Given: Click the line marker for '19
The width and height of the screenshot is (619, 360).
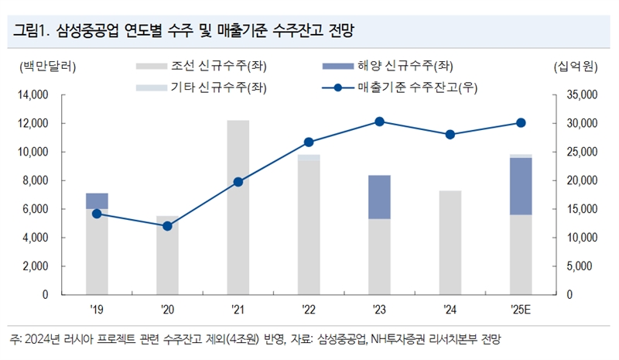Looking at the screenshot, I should [x=97, y=214].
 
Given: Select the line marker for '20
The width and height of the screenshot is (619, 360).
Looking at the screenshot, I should [x=167, y=226].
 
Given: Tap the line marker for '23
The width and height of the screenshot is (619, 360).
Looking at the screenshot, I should [x=379, y=122].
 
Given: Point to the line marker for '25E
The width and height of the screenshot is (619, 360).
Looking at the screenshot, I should [x=521, y=122].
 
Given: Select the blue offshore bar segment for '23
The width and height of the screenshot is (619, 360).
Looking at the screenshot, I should [x=379, y=197].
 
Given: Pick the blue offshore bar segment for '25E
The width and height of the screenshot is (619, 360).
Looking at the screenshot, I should [x=521, y=186].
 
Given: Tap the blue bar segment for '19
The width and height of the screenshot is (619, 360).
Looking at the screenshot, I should [x=97, y=200].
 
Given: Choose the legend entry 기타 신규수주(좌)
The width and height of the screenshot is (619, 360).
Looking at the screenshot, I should [x=205, y=87].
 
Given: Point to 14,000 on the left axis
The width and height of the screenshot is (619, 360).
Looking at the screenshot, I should [x=32, y=95].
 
